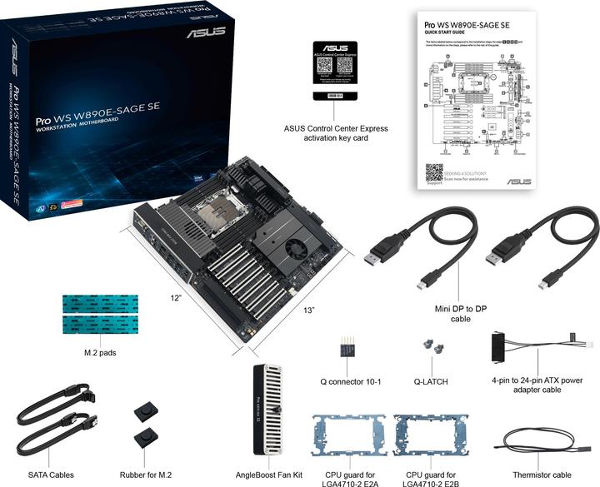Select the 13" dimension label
click(x=309, y=311)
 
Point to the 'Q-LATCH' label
click(x=431, y=383)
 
